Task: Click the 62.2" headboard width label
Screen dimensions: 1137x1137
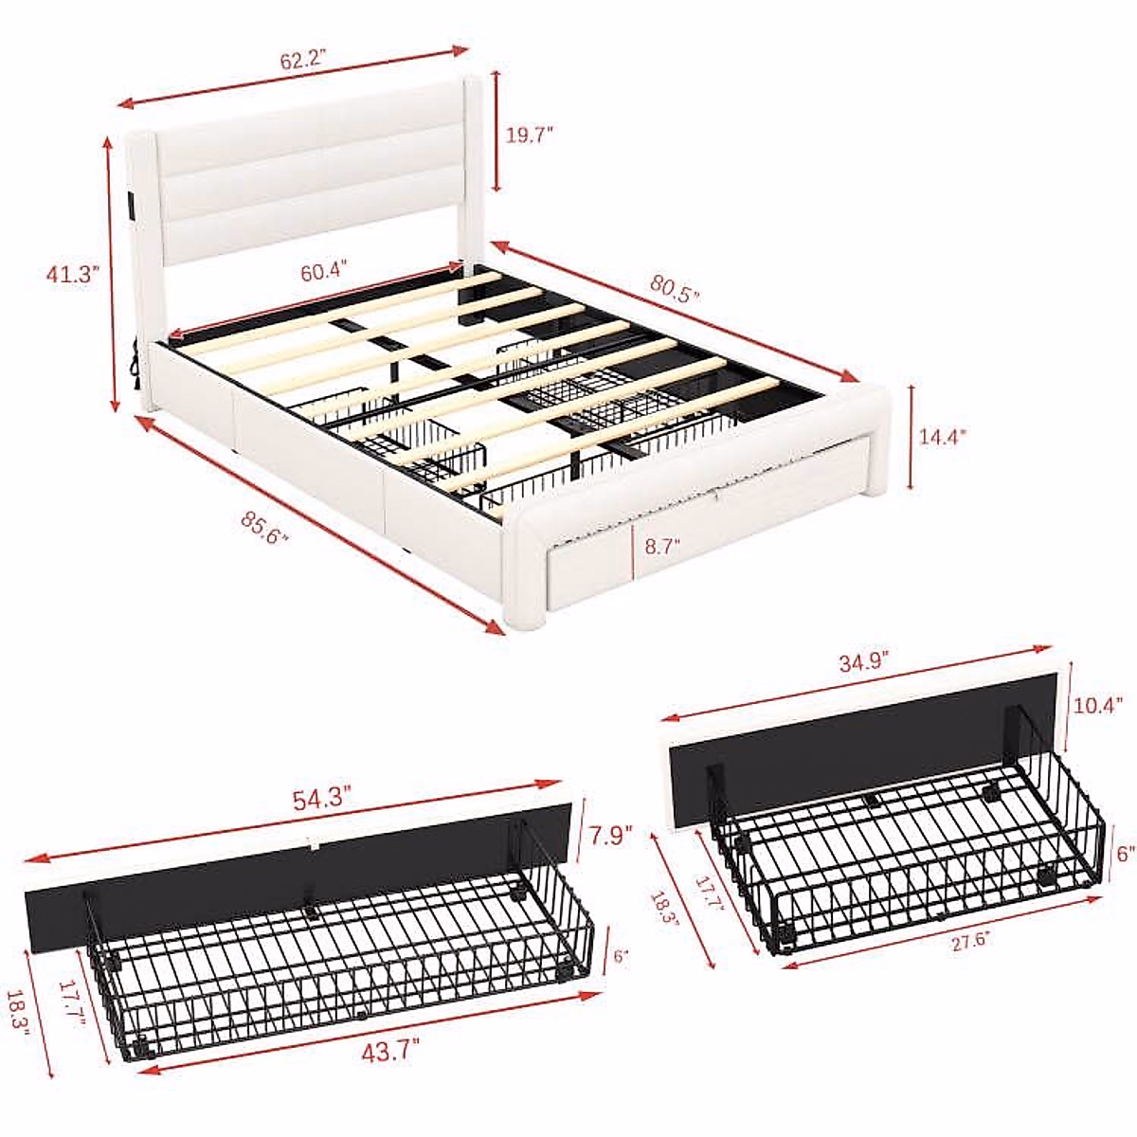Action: pos(302,60)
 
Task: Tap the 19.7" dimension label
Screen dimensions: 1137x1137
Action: pos(529,134)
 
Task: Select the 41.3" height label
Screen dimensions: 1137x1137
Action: pos(73,275)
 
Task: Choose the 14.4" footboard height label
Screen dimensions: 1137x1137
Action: pos(942,437)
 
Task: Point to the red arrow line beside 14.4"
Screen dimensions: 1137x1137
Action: pos(911,437)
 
